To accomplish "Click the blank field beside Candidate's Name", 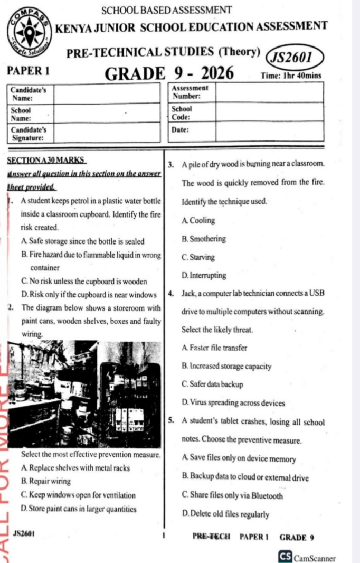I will (106, 93).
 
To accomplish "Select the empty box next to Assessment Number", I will (269, 93).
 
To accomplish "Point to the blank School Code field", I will (269, 112).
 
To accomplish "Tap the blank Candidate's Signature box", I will (106, 132).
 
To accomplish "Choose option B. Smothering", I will (204, 239).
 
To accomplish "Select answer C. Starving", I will (198, 257).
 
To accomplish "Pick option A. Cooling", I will (198, 220).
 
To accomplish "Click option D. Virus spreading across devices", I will (233, 403).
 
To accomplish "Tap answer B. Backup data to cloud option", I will (245, 478).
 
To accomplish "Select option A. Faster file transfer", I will (214, 348).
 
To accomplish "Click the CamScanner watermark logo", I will (306, 557).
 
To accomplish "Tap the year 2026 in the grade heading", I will (211, 74).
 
